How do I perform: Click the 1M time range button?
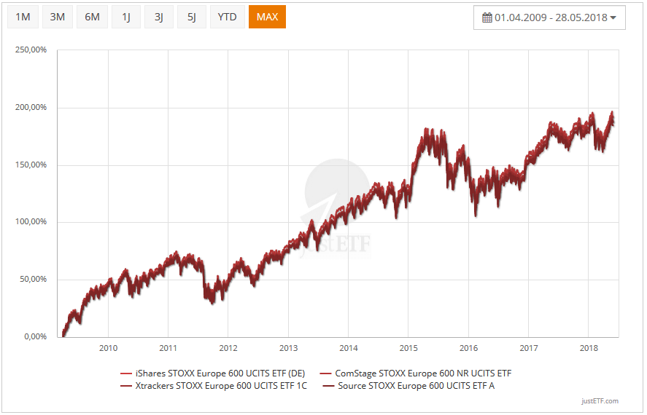tap(23, 17)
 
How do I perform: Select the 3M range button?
tap(58, 17)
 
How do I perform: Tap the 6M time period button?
tap(92, 17)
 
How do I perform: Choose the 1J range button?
tap(126, 17)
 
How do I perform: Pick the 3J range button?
tap(159, 17)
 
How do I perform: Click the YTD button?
tap(228, 17)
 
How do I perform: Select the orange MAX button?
tap(267, 17)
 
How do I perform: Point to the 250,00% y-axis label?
tap(31, 50)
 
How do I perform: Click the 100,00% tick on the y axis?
tap(31, 222)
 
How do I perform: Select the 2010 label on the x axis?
tap(108, 347)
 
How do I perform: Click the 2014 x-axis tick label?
tap(349, 347)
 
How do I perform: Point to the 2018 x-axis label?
tap(589, 347)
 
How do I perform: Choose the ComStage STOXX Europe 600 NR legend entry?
tap(421, 373)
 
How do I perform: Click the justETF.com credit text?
tap(600, 401)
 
